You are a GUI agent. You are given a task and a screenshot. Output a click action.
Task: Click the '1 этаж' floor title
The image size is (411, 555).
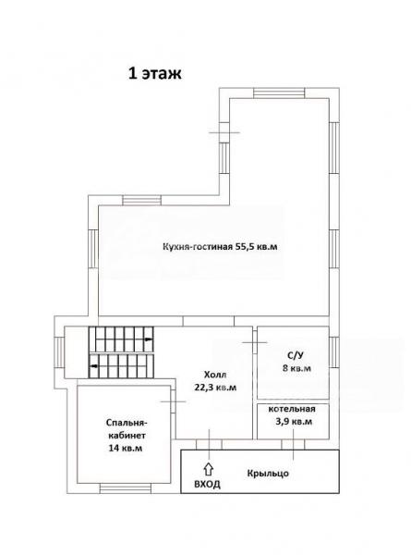pyautogui.click(x=155, y=74)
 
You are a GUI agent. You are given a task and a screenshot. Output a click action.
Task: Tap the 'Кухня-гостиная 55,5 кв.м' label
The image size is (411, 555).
pyautogui.click(x=220, y=247)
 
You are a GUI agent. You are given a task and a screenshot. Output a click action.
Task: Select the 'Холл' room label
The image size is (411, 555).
pyautogui.click(x=215, y=375)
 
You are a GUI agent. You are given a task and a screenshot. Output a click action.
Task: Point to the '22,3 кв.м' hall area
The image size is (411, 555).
pyautogui.click(x=215, y=388)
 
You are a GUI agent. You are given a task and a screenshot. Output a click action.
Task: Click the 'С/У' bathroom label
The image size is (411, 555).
pyautogui.click(x=296, y=355)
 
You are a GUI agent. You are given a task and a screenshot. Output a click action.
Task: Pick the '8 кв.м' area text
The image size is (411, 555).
pyautogui.click(x=296, y=368)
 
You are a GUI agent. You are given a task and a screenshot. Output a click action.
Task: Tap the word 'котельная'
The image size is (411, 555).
pyautogui.click(x=292, y=409)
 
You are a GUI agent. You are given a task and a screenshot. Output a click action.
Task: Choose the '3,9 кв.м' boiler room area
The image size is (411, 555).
pyautogui.click(x=294, y=422)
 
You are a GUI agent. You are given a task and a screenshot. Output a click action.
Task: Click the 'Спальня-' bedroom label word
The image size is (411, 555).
pyautogui.click(x=127, y=423)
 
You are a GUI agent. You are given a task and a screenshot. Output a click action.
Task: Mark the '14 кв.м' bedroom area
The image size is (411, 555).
pyautogui.click(x=126, y=448)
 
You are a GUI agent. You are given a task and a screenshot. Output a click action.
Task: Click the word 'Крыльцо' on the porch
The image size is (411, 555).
pyautogui.click(x=268, y=474)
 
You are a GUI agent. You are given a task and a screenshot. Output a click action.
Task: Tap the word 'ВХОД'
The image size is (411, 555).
pyautogui.click(x=208, y=484)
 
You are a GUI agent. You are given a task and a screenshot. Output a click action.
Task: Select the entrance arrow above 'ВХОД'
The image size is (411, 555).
pyautogui.click(x=209, y=469)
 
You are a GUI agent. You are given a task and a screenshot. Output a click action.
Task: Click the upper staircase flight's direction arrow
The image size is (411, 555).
pyautogui.click(x=149, y=339)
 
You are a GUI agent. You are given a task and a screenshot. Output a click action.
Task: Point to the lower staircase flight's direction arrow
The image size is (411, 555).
pyautogui.click(x=94, y=366)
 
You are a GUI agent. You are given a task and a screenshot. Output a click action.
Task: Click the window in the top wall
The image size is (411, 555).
pyautogui.click(x=279, y=92)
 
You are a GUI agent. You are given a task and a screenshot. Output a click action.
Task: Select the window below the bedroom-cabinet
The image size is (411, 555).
pyautogui.click(x=126, y=488)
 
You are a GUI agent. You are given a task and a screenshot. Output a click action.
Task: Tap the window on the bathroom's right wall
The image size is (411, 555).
pyautogui.click(x=334, y=352)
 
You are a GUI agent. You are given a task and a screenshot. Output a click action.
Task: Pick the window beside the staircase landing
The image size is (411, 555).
pyautogui.click(x=59, y=352)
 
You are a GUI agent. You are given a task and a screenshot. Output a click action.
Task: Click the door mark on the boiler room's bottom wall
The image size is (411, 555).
pyautogui.click(x=294, y=444)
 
